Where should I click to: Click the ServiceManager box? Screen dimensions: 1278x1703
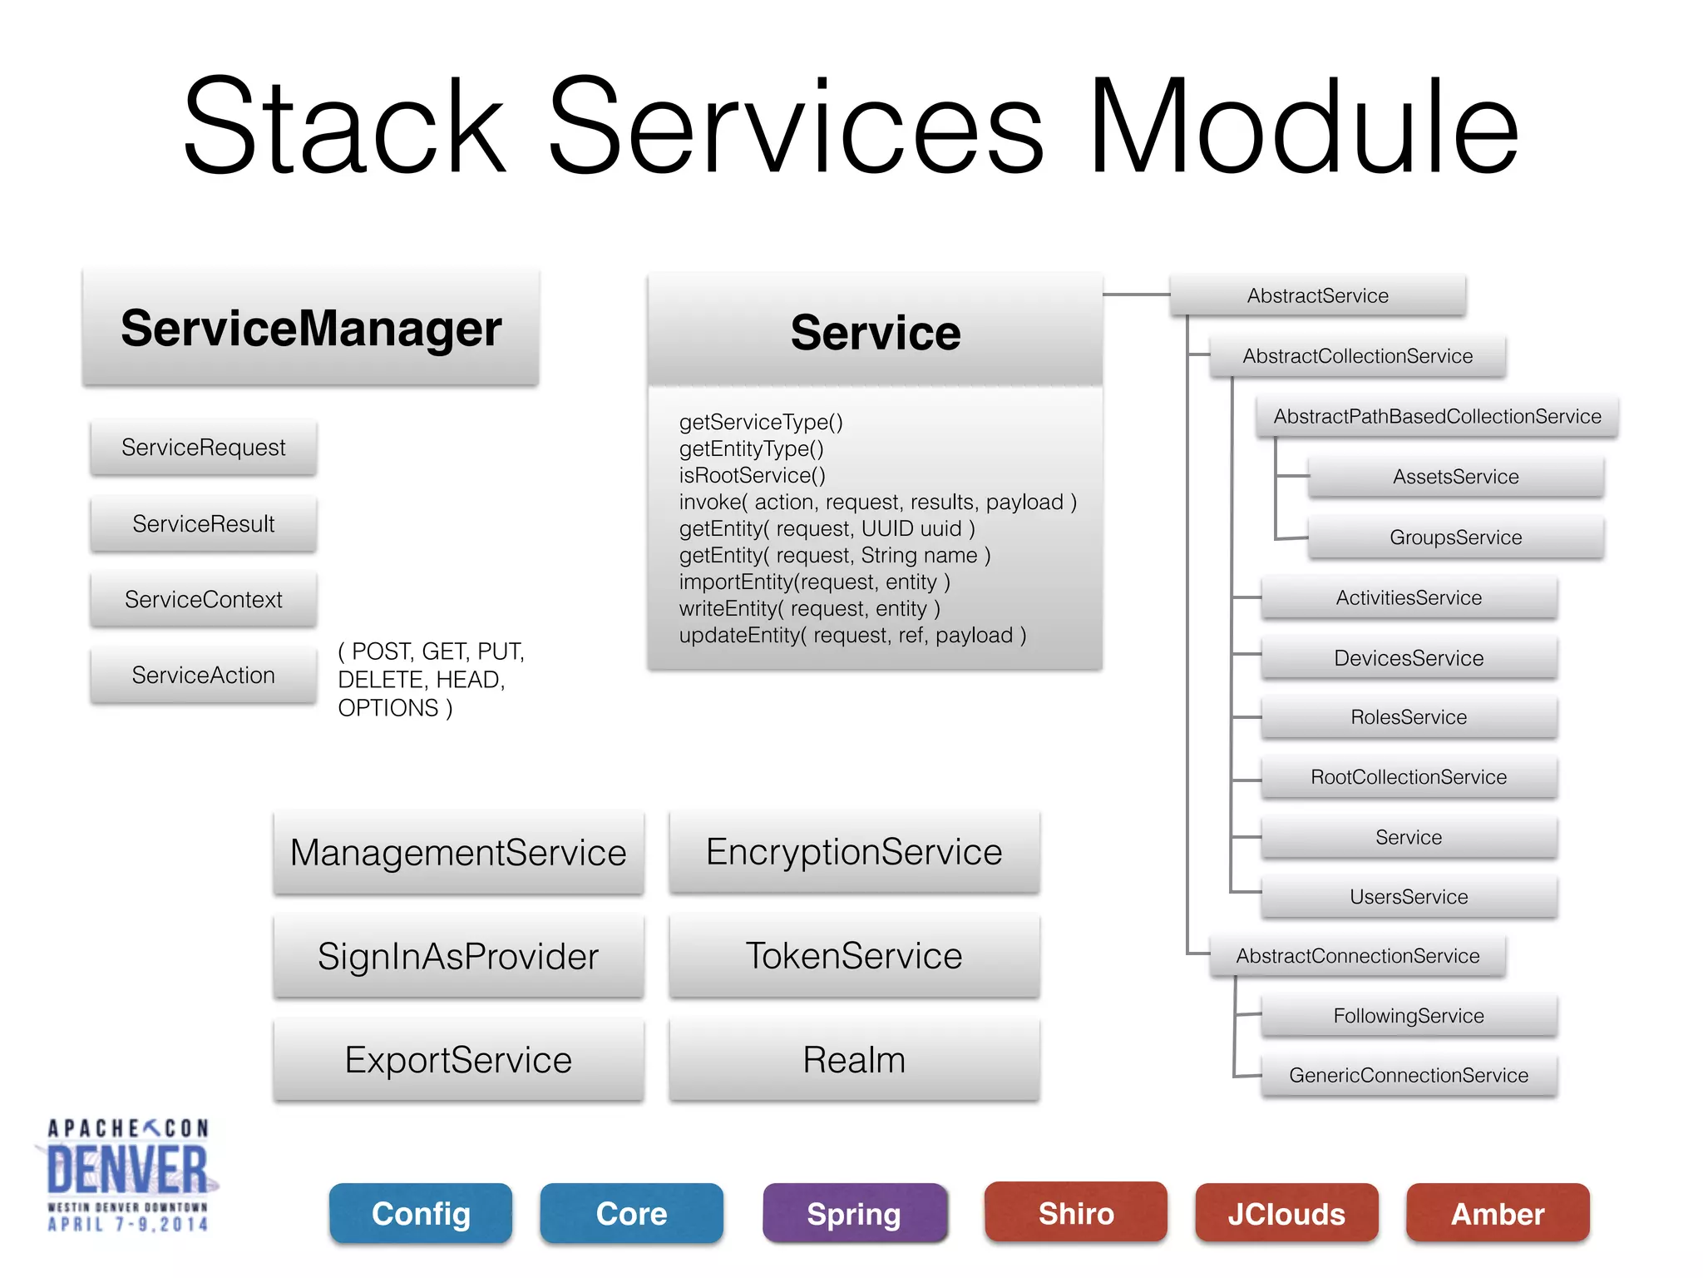point(310,328)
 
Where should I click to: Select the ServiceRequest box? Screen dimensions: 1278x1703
point(203,448)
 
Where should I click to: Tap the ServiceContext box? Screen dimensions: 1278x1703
point(203,599)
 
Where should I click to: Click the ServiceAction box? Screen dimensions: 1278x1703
point(203,675)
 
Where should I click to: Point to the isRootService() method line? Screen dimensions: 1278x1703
point(752,475)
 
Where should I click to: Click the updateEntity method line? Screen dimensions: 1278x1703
point(852,635)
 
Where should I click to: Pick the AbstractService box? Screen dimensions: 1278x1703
point(1317,295)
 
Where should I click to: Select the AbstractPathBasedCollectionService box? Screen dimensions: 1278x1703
point(1437,416)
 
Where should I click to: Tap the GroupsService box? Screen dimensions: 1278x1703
point(1455,537)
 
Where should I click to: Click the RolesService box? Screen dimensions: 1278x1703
point(1409,717)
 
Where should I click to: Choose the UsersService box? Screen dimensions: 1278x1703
point(1409,897)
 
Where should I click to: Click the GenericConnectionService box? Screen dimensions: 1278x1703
point(1409,1075)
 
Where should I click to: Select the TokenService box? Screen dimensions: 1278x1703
point(854,955)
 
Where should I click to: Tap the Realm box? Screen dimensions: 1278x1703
point(854,1060)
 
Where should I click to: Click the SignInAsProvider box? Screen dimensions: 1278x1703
point(458,956)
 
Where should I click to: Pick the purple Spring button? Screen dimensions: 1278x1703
point(854,1214)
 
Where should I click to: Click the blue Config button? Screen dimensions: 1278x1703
point(421,1214)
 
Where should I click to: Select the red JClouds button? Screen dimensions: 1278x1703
point(1286,1214)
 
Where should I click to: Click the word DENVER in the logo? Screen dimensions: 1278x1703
point(127,1170)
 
